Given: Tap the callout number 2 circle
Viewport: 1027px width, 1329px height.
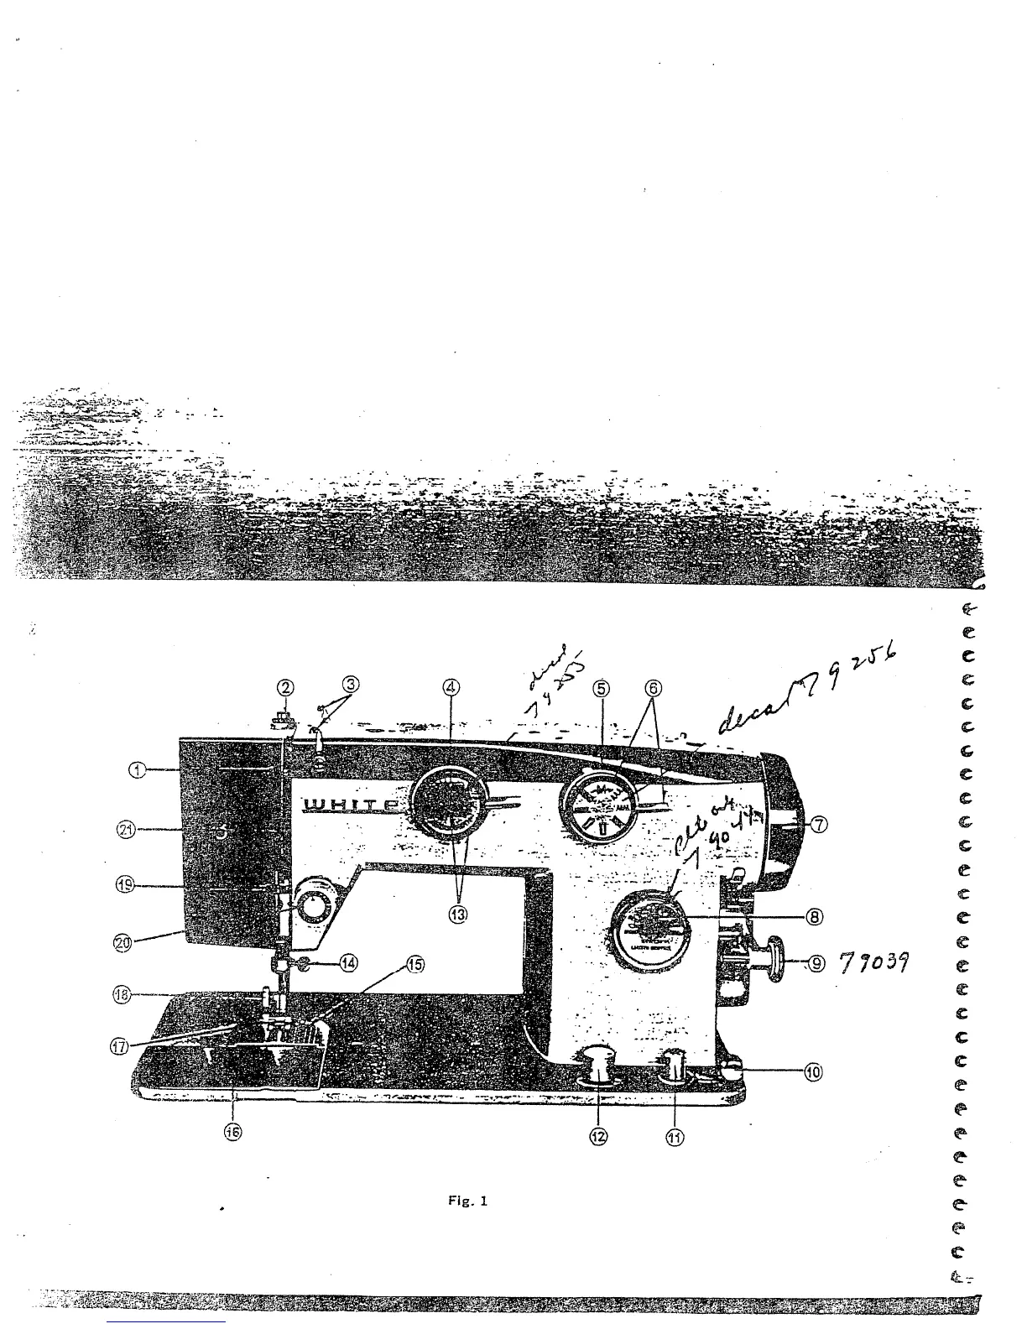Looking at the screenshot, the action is tap(286, 687).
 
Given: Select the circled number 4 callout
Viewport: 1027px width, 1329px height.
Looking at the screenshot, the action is tap(451, 687).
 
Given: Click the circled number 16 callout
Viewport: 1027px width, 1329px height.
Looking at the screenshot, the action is tap(232, 1131).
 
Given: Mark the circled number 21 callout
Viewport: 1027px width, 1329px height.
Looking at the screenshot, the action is tap(126, 831).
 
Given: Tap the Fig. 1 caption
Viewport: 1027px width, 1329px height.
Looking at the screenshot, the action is tap(468, 1201).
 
